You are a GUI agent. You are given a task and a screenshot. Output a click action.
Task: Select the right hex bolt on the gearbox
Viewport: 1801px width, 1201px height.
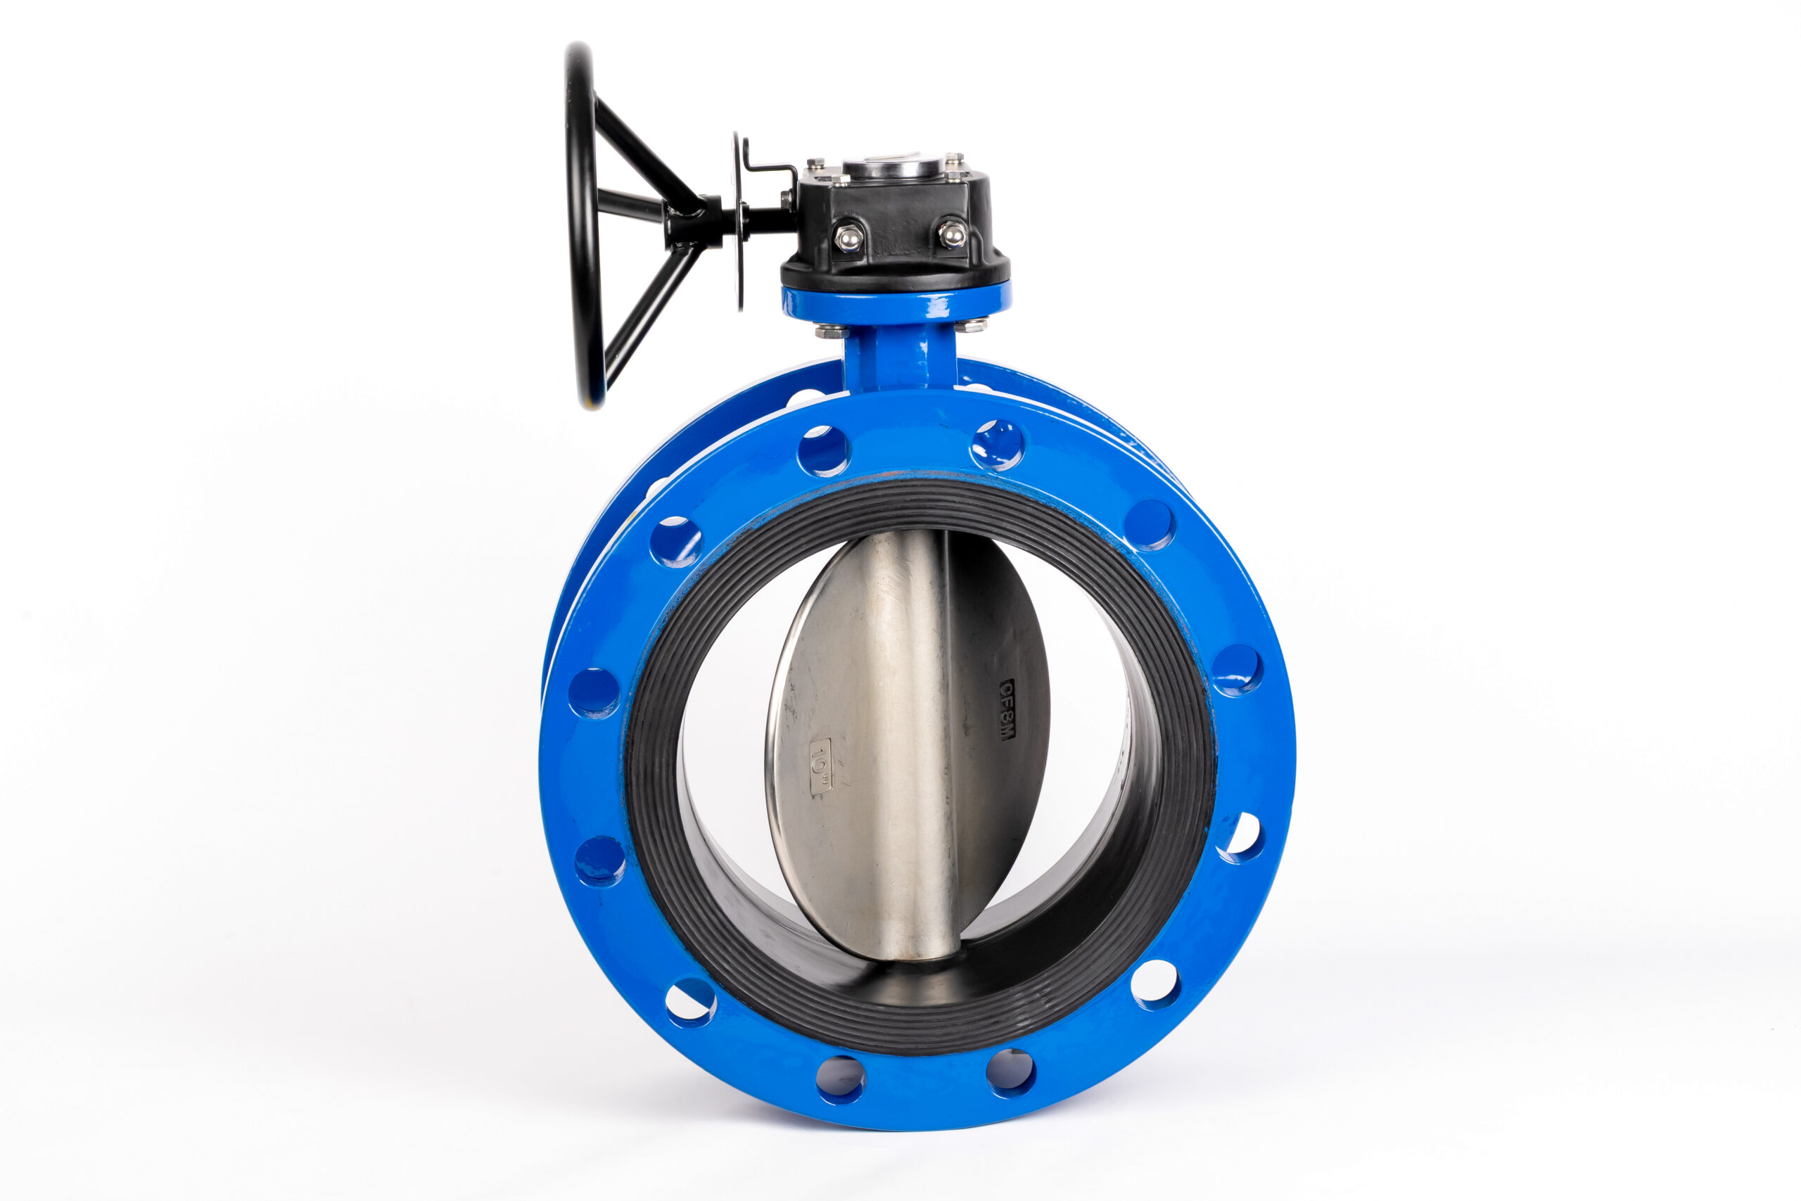[952, 233]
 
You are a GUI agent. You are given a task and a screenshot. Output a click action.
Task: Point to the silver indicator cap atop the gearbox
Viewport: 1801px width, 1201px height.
[893, 167]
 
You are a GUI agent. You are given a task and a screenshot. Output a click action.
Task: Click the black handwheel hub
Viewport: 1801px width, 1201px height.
[693, 221]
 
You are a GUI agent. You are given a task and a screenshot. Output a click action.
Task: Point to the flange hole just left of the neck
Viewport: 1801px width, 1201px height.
[823, 450]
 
